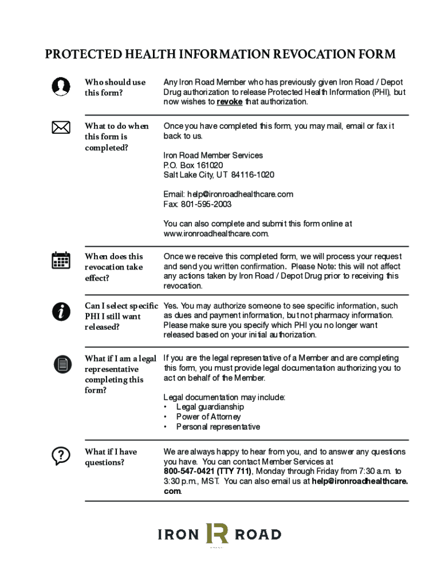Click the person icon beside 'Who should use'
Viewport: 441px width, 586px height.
[61, 86]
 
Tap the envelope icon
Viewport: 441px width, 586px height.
[61, 127]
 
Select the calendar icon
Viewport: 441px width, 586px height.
[61, 260]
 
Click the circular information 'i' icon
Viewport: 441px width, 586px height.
[61, 312]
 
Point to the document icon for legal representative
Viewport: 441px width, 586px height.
[61, 363]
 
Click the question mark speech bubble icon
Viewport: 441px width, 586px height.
[61, 456]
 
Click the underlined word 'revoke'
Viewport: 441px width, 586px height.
[229, 102]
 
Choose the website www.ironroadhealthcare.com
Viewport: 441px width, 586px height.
[215, 234]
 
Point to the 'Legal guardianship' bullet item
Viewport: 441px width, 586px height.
[210, 407]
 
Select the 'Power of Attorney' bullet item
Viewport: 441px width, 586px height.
[208, 417]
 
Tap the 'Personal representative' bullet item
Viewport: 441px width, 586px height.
[218, 427]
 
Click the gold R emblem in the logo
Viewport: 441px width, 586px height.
[217, 533]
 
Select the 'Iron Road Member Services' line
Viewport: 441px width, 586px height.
[213, 156]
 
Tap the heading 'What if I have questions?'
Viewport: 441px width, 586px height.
[111, 457]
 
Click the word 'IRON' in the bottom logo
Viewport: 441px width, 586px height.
[178, 535]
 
